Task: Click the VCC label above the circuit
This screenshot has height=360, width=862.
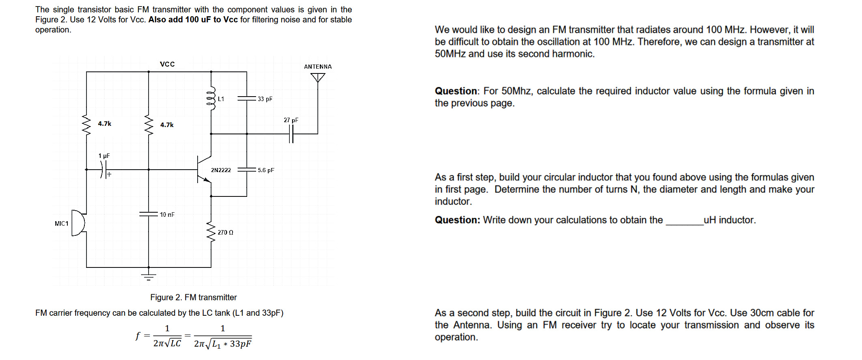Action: click(167, 64)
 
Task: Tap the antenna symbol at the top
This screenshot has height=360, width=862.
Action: click(318, 77)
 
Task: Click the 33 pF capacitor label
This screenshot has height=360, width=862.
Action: click(265, 99)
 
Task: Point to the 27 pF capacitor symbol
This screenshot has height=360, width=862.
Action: click(291, 134)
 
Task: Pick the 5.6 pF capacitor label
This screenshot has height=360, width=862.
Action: click(266, 170)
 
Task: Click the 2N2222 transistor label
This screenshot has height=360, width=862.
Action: click(221, 170)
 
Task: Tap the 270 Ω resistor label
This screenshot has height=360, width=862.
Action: click(225, 233)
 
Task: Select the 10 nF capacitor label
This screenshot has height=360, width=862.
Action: click(167, 214)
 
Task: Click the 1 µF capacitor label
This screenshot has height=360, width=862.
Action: click(104, 156)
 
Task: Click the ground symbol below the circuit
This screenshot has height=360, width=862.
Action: click(149, 277)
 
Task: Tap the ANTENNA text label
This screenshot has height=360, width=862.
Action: click(318, 67)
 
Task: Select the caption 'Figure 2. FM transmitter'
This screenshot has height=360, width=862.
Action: click(193, 297)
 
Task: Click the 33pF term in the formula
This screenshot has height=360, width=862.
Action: click(240, 344)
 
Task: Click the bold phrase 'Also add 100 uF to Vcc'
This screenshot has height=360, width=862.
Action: click(193, 19)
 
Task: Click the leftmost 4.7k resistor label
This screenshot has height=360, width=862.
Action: click(104, 123)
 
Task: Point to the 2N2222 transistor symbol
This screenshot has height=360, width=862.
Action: click(203, 169)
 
